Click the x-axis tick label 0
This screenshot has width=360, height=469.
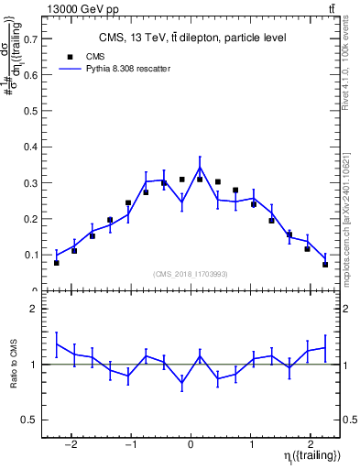click(x=191, y=438)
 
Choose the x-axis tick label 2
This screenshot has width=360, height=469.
click(x=311, y=438)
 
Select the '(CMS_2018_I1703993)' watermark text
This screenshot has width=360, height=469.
click(x=191, y=273)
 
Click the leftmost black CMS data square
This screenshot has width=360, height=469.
click(x=57, y=263)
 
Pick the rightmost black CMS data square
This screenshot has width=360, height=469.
click(x=325, y=265)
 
